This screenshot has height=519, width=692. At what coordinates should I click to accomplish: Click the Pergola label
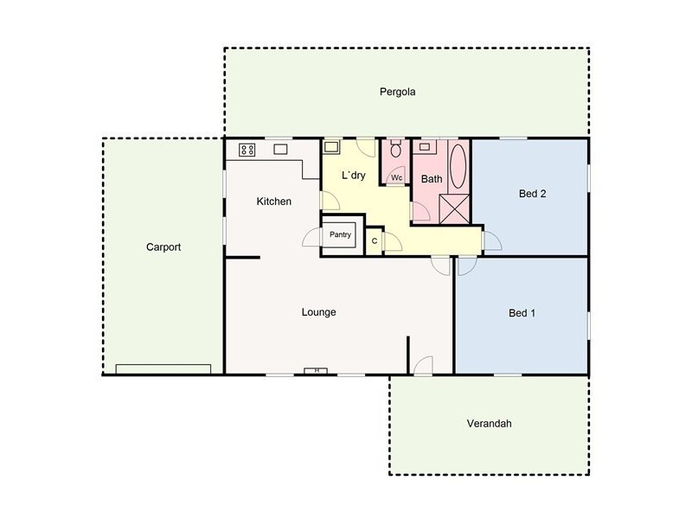(x=398, y=91)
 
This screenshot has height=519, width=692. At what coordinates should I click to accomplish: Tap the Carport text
(x=163, y=247)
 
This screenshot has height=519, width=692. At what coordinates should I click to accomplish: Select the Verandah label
(x=490, y=424)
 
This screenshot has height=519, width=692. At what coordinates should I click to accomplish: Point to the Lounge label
(x=318, y=312)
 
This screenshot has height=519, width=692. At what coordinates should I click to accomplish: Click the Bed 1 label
(x=521, y=313)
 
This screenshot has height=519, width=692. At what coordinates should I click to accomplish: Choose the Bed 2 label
(x=532, y=194)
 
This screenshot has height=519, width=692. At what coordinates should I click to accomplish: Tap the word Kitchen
(x=273, y=202)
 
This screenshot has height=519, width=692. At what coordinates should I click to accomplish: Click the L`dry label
(x=353, y=176)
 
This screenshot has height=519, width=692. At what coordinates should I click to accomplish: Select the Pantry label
(x=340, y=234)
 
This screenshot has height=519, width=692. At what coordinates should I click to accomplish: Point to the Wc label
(x=396, y=178)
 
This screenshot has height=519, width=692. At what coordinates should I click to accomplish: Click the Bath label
(x=432, y=179)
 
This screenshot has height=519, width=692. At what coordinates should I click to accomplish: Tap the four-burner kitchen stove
(x=247, y=150)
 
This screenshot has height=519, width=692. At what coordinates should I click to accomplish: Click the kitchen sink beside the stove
(x=281, y=149)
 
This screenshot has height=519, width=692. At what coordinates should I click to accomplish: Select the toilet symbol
(x=396, y=151)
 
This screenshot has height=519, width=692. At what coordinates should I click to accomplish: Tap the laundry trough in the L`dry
(x=332, y=147)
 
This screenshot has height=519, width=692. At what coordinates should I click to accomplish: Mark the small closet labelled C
(x=374, y=240)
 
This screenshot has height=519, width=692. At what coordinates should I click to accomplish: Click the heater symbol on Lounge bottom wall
(x=316, y=371)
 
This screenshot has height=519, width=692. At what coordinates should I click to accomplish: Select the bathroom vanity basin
(x=426, y=147)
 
